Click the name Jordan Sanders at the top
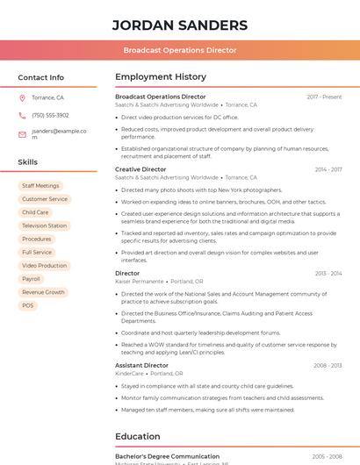tap(179, 25)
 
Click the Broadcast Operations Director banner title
tap(179, 50)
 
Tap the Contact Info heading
tap(40, 77)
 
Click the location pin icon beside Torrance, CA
tap(22, 98)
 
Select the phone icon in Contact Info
tap(22, 116)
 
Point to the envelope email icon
tap(22, 134)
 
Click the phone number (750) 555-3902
tap(50, 116)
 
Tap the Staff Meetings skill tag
tap(40, 186)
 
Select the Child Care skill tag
tap(35, 212)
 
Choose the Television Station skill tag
tap(44, 225)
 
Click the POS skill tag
tap(28, 305)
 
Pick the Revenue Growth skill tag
tap(43, 292)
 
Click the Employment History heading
tap(160, 77)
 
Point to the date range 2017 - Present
tap(324, 97)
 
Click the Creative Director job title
tap(140, 169)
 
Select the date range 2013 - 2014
tap(328, 274)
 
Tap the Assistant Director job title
tap(141, 365)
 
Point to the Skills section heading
tap(28, 162)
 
